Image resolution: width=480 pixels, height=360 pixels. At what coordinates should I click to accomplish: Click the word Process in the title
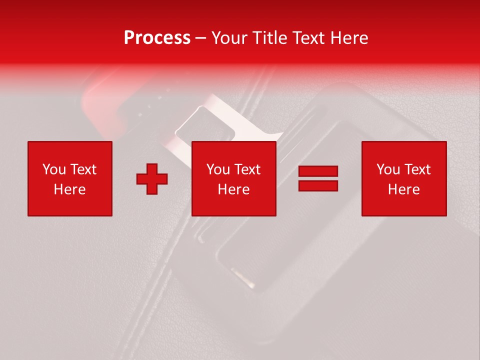[157, 38]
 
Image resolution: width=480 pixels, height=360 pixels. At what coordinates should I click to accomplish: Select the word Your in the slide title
[229, 38]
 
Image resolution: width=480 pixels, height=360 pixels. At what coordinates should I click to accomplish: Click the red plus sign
[152, 179]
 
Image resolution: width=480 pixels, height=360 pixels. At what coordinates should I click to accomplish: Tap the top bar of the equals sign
[318, 171]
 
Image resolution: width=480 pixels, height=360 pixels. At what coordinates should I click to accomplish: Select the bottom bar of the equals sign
[318, 185]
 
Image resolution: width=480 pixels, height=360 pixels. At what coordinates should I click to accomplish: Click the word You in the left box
[54, 169]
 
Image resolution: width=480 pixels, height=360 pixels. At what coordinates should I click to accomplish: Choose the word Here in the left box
[69, 189]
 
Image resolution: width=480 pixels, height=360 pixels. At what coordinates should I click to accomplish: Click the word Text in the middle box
[247, 169]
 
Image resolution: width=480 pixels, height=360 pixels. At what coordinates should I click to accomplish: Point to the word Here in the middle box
[233, 189]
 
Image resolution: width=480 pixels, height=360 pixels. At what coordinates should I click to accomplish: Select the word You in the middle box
[218, 169]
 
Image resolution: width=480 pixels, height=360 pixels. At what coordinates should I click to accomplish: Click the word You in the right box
[388, 169]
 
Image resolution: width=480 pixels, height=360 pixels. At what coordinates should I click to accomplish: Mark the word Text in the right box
[417, 169]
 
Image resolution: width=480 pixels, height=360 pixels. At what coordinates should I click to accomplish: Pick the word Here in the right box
[403, 189]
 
